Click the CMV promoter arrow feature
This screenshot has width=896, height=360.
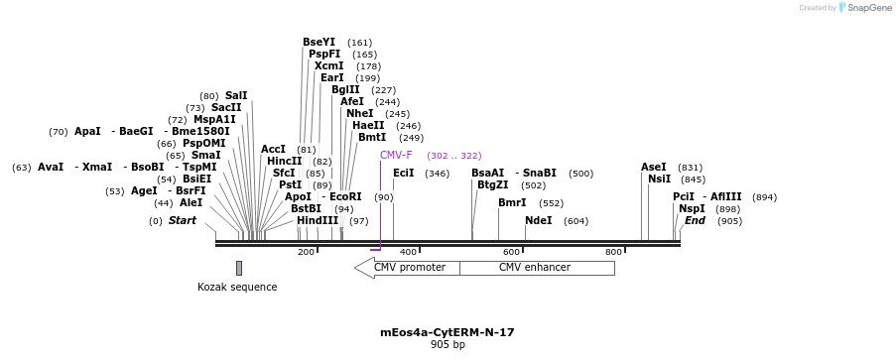click(407, 268)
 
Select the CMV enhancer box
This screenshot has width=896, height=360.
click(536, 268)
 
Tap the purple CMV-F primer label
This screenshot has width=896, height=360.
click(396, 155)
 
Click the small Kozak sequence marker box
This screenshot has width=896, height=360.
click(239, 268)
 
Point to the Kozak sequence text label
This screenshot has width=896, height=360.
click(237, 288)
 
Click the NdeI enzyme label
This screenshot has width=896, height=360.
click(539, 220)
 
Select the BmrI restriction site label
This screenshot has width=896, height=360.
click(512, 202)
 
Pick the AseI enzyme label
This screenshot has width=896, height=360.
click(654, 167)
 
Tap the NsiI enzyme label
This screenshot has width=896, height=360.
click(659, 179)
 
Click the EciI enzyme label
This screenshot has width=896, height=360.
click(404, 173)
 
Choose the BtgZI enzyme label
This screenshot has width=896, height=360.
click(493, 184)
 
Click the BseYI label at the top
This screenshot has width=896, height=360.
click(320, 42)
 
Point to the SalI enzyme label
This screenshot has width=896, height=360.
click(236, 95)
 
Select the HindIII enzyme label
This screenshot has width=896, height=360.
click(318, 220)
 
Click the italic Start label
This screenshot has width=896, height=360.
click(182, 220)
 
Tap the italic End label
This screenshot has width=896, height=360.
click(695, 220)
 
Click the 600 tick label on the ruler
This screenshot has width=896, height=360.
click(512, 252)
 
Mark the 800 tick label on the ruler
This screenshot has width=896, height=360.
click(614, 252)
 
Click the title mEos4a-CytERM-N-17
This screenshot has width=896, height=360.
click(448, 332)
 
